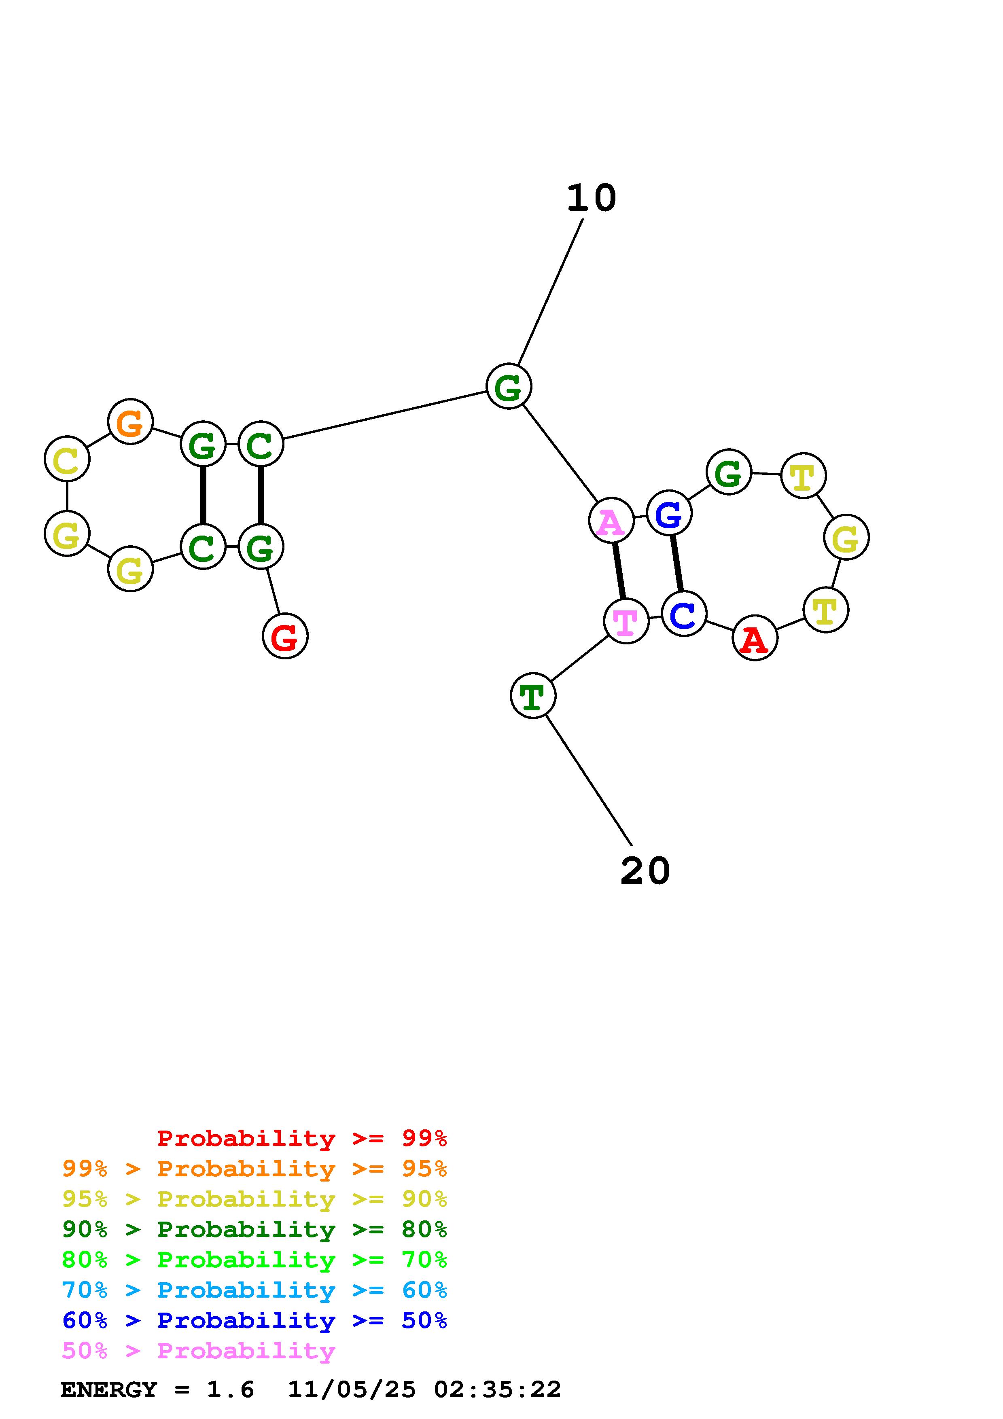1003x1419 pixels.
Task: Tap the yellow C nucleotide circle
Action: pos(67,459)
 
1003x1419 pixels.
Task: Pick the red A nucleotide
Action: pos(755,638)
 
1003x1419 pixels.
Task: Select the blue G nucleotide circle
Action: pos(669,513)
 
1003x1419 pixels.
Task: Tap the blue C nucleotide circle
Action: pos(683,613)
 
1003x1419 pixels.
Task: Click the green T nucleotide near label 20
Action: pos(533,696)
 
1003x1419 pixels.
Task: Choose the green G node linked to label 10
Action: pos(509,387)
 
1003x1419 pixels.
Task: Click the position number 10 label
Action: pos(592,198)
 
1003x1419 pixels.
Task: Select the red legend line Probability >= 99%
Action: pos(302,1138)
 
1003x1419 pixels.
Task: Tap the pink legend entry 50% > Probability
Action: pos(198,1351)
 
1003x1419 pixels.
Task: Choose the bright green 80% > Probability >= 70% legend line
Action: pos(254,1260)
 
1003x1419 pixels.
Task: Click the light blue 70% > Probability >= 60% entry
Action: pos(254,1290)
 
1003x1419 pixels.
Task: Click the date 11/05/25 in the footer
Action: pos(352,1390)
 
